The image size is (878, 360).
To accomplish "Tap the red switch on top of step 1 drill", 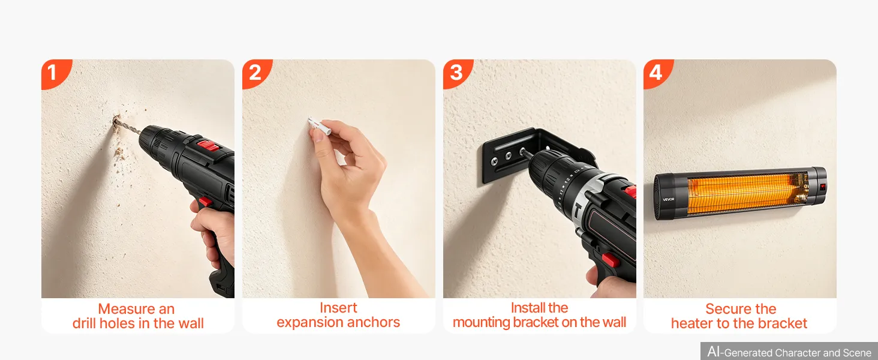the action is tap(208, 146).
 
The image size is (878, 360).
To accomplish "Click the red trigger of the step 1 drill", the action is tap(205, 202).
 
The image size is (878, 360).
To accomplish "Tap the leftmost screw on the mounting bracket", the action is tap(495, 160).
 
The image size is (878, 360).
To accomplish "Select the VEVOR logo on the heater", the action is tap(668, 199).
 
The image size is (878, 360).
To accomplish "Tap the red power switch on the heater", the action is tap(822, 186).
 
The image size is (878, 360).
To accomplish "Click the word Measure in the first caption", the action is tap(125, 309).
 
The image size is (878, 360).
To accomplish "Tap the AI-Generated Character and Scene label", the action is tap(789, 352).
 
